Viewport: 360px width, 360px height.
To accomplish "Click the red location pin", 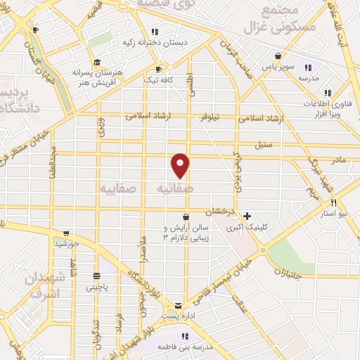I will tap(181, 165).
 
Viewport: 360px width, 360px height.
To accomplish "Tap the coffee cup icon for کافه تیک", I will tap(159, 69).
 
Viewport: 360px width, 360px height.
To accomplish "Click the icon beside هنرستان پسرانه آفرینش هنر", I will tap(96, 61).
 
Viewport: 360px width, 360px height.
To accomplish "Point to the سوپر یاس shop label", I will tap(279, 67).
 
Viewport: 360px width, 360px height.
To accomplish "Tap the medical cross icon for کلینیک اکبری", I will tap(245, 216).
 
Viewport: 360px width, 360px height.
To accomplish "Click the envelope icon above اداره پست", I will tap(177, 306).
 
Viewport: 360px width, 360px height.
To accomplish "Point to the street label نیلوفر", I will tap(210, 117).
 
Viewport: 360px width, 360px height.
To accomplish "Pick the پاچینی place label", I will tap(97, 287).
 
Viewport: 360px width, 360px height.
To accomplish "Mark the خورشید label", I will tap(66, 243).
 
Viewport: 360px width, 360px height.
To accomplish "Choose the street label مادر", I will tap(338, 161).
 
